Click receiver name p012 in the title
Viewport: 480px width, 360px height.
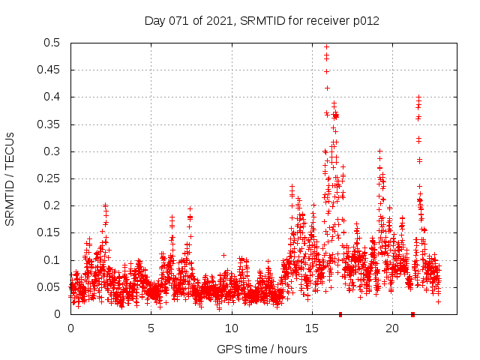pyautogui.click(x=364, y=21)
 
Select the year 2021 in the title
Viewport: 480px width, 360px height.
pyautogui.click(x=218, y=21)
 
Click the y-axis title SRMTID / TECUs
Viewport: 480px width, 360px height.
pyautogui.click(x=10, y=178)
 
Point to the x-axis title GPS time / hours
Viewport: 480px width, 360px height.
pyautogui.click(x=262, y=349)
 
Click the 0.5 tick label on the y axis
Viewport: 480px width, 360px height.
pyautogui.click(x=53, y=43)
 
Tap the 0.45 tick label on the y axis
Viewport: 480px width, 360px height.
pyautogui.click(x=50, y=70)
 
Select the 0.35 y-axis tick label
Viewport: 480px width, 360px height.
pyautogui.click(x=50, y=124)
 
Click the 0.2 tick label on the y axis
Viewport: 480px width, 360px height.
pyautogui.click(x=53, y=205)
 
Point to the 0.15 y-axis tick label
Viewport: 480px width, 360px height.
pyautogui.click(x=50, y=233)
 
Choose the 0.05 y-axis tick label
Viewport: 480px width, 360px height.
pyautogui.click(x=50, y=287)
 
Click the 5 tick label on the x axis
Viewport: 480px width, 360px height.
pyautogui.click(x=151, y=328)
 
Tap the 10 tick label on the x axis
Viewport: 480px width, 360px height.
pyautogui.click(x=232, y=328)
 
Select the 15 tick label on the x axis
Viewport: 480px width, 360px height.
pyautogui.click(x=312, y=328)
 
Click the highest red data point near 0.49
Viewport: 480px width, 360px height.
pyautogui.click(x=326, y=46)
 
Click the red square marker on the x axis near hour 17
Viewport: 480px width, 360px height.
pyautogui.click(x=340, y=314)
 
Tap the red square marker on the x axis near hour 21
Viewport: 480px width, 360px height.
pyautogui.click(x=412, y=314)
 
